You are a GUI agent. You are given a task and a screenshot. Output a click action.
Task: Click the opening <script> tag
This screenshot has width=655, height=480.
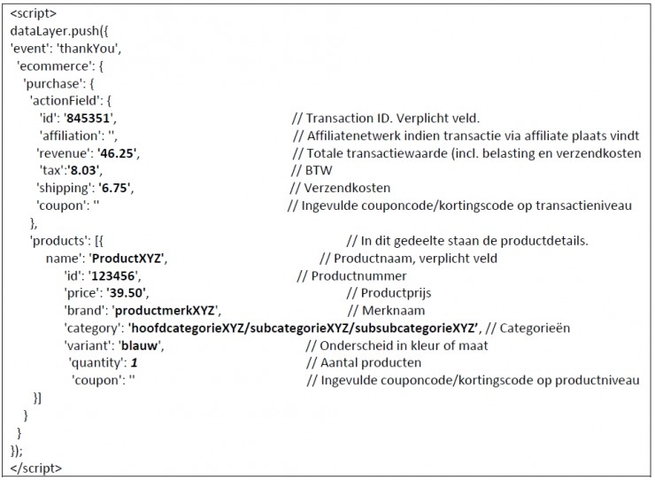pos(33,13)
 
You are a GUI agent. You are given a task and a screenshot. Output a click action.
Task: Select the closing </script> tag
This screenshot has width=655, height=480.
pos(36,468)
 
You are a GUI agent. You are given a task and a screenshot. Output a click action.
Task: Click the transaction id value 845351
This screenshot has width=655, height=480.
pos(89,119)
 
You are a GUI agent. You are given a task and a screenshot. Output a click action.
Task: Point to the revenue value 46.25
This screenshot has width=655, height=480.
pos(117,153)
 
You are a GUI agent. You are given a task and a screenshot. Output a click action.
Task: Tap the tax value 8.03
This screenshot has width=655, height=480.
pos(83,171)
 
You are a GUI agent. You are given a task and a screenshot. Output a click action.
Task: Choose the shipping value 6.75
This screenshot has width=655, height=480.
pos(114,188)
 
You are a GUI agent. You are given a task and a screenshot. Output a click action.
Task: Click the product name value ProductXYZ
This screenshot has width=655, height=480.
pos(127,259)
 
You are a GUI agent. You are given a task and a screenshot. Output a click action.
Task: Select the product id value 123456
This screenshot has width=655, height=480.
pos(113,276)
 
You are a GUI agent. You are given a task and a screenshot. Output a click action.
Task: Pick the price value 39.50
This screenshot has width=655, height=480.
pos(126,293)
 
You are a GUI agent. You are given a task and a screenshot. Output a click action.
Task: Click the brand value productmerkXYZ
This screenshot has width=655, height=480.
pos(165,311)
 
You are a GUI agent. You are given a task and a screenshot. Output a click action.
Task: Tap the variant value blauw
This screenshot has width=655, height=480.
pos(140,345)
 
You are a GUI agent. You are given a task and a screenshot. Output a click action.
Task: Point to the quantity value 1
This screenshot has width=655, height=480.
pos(134,363)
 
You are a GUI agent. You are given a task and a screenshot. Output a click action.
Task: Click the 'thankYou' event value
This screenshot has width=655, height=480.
pos(88,49)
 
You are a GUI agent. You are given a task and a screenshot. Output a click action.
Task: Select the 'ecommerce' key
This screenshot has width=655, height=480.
pos(52,66)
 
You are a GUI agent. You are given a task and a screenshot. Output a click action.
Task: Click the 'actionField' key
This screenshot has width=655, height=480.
pos(65,101)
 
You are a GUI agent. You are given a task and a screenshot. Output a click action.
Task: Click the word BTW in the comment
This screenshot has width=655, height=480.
pos(319,171)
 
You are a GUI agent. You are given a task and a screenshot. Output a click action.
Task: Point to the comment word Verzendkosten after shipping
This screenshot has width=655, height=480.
pos(347,188)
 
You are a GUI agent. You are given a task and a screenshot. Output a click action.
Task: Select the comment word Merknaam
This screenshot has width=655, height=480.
pos(394,311)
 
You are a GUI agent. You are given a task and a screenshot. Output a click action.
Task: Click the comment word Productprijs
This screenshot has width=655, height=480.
pos(396,293)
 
